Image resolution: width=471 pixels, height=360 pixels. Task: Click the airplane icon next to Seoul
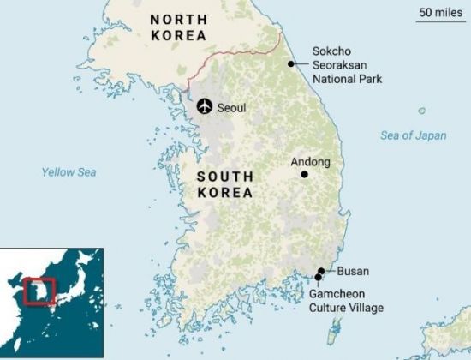coord(204,106)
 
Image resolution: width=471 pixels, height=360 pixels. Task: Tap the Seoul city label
coord(232,108)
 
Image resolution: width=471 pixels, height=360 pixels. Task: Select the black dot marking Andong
coord(304,174)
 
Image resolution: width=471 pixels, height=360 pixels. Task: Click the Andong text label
coord(311,161)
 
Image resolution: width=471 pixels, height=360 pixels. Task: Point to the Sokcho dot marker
coord(291,63)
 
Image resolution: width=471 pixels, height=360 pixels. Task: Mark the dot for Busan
coord(321,271)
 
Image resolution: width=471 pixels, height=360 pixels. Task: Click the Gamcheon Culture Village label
coord(347,301)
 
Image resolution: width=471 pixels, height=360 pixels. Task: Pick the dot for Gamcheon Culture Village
coord(318,277)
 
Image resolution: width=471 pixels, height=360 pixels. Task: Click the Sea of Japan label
coord(414,135)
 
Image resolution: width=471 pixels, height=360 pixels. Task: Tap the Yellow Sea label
coord(69,172)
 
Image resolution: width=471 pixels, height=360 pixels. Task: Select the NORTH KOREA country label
coord(178,27)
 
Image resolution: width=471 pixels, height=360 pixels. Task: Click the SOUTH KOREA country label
coord(224,184)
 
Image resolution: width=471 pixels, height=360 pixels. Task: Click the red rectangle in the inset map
coord(39,291)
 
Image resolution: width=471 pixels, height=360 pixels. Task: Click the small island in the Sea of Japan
coord(422,111)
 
